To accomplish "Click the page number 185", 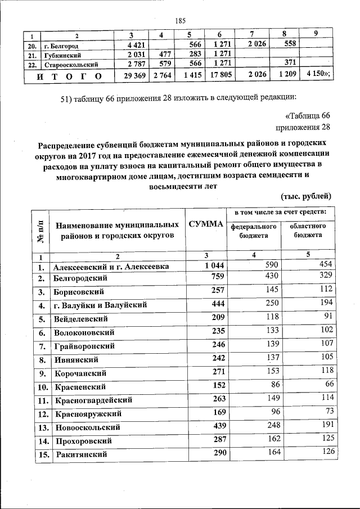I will [180, 21].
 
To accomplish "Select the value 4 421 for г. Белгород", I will [137, 46].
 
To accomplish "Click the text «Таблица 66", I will [308, 116].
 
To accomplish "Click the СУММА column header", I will [206, 224].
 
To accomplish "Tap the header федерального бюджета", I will [253, 230].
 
